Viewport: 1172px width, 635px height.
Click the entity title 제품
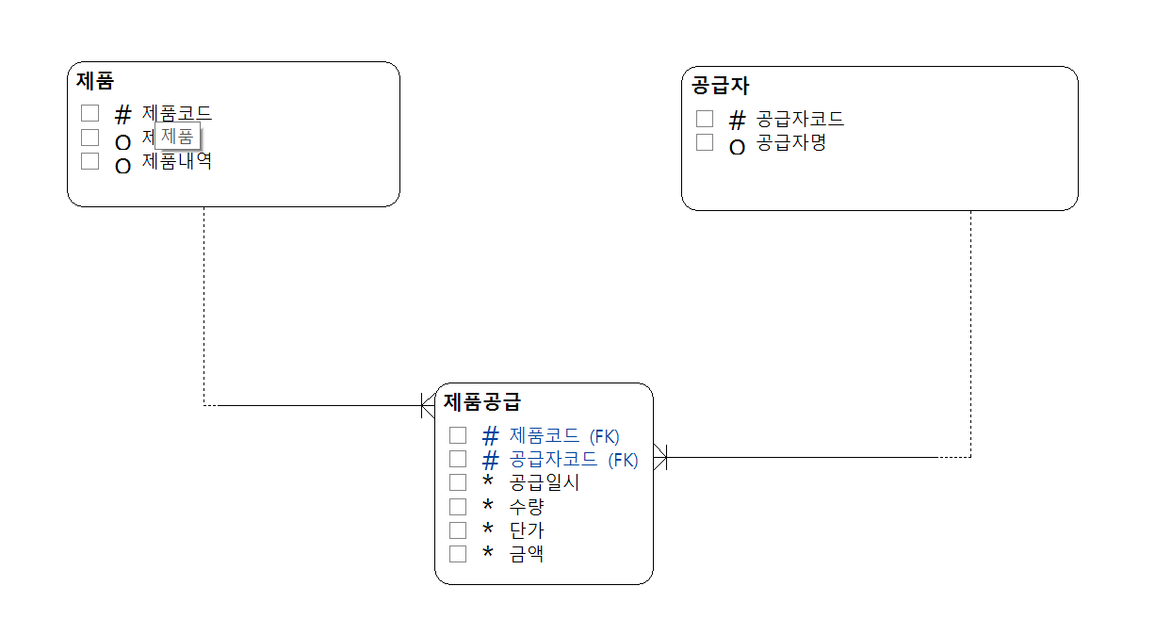click(95, 81)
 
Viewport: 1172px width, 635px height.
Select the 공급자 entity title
click(720, 86)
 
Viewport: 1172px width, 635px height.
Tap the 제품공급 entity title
click(481, 402)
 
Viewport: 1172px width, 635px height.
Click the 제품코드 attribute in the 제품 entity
click(177, 113)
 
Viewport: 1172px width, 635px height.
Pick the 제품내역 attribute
click(177, 161)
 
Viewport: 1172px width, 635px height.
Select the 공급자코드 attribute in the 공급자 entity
click(801, 119)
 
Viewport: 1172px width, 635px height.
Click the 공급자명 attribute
click(791, 143)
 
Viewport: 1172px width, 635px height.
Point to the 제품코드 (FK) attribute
click(564, 436)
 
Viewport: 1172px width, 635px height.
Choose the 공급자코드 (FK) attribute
click(574, 460)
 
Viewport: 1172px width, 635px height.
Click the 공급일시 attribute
click(545, 482)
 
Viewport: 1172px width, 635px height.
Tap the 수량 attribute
click(527, 507)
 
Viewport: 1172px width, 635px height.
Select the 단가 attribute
click(527, 530)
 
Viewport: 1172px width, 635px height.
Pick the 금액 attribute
click(527, 554)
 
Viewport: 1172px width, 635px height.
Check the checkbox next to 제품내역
click(90, 161)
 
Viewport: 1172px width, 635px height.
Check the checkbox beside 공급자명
click(705, 142)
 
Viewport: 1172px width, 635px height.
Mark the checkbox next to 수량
click(458, 507)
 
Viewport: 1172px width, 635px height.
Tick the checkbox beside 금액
click(458, 554)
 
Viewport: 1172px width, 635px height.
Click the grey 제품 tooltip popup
click(177, 137)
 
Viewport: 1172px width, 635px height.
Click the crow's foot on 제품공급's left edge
click(428, 406)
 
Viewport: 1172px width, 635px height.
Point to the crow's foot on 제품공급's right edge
click(660, 458)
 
